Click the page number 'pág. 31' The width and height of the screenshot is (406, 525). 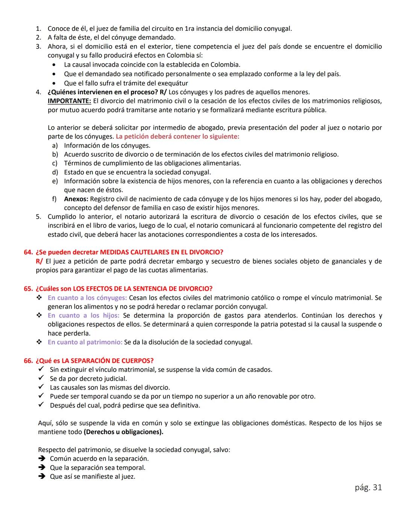[x=368, y=488]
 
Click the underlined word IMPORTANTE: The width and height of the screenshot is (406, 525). [x=69, y=101]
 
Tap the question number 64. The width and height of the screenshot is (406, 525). [x=28, y=252]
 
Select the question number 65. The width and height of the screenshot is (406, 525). [x=28, y=289]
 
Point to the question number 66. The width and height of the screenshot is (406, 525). [x=28, y=361]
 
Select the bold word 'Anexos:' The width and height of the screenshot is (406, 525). [x=76, y=199]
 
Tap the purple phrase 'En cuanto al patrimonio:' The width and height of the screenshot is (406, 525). [x=85, y=342]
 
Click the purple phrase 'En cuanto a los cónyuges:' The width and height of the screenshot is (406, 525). [x=87, y=298]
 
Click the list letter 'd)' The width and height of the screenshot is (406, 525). [x=55, y=172]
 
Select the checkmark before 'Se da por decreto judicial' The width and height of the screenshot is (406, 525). [x=41, y=378]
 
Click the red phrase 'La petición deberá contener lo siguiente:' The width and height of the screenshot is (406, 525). [x=177, y=136]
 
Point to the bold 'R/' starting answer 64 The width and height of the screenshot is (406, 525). [x=39, y=261]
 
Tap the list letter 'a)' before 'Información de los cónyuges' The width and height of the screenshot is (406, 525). [x=55, y=145]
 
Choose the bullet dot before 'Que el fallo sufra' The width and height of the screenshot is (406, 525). [x=55, y=83]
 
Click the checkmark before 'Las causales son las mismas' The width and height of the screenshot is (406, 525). [x=41, y=387]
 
